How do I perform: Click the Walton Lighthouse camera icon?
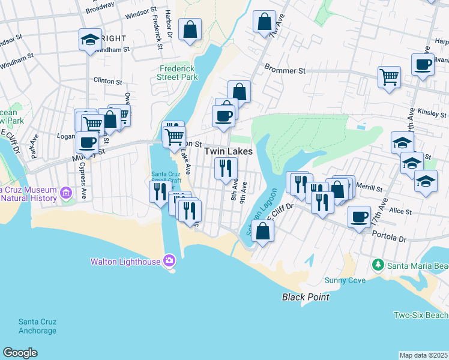(x=169, y=260)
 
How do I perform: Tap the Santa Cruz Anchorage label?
(x=37, y=326)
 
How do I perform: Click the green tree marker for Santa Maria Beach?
(x=378, y=265)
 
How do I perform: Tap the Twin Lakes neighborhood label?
(x=228, y=152)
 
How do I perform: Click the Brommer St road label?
(x=285, y=71)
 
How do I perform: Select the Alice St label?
(x=400, y=211)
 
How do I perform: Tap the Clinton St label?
(x=108, y=80)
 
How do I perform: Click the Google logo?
(x=20, y=353)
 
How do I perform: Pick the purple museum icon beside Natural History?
(x=67, y=193)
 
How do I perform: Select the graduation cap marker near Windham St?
(x=90, y=40)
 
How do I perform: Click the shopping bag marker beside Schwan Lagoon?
(x=262, y=230)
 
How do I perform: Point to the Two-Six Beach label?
(x=421, y=315)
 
